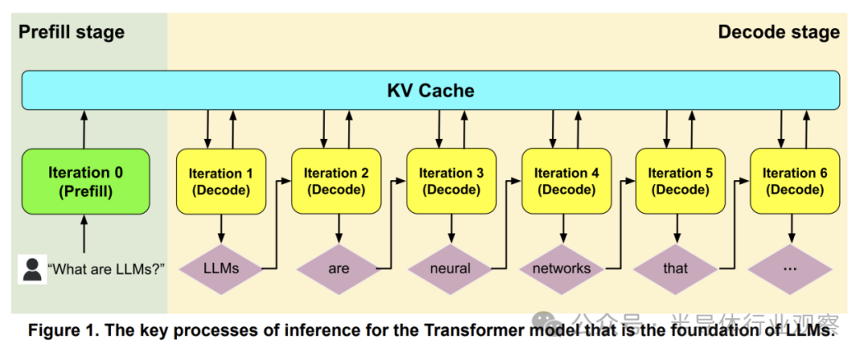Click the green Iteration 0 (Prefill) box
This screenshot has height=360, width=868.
(85, 182)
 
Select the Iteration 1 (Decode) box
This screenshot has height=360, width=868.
(221, 182)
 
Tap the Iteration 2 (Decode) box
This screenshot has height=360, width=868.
(337, 182)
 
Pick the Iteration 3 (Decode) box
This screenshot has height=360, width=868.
(452, 182)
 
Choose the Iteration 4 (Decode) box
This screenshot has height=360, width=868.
(567, 182)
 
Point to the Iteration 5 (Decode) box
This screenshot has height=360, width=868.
(681, 182)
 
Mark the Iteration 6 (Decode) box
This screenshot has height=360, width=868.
(795, 182)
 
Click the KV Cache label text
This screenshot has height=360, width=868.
(431, 90)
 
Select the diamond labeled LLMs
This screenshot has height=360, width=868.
(222, 268)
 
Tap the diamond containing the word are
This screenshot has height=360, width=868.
(338, 268)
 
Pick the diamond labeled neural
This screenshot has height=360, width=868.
(451, 268)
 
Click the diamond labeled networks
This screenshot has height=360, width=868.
(562, 268)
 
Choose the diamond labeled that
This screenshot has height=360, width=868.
(676, 268)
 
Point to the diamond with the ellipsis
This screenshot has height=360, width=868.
(789, 268)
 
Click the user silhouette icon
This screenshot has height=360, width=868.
(32, 268)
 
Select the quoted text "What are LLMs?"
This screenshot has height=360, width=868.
(106, 268)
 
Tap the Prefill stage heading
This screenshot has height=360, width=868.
(72, 32)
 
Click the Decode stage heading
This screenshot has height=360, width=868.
(778, 32)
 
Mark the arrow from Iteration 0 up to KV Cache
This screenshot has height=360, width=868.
(85, 129)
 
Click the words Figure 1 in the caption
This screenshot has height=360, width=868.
(62, 330)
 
